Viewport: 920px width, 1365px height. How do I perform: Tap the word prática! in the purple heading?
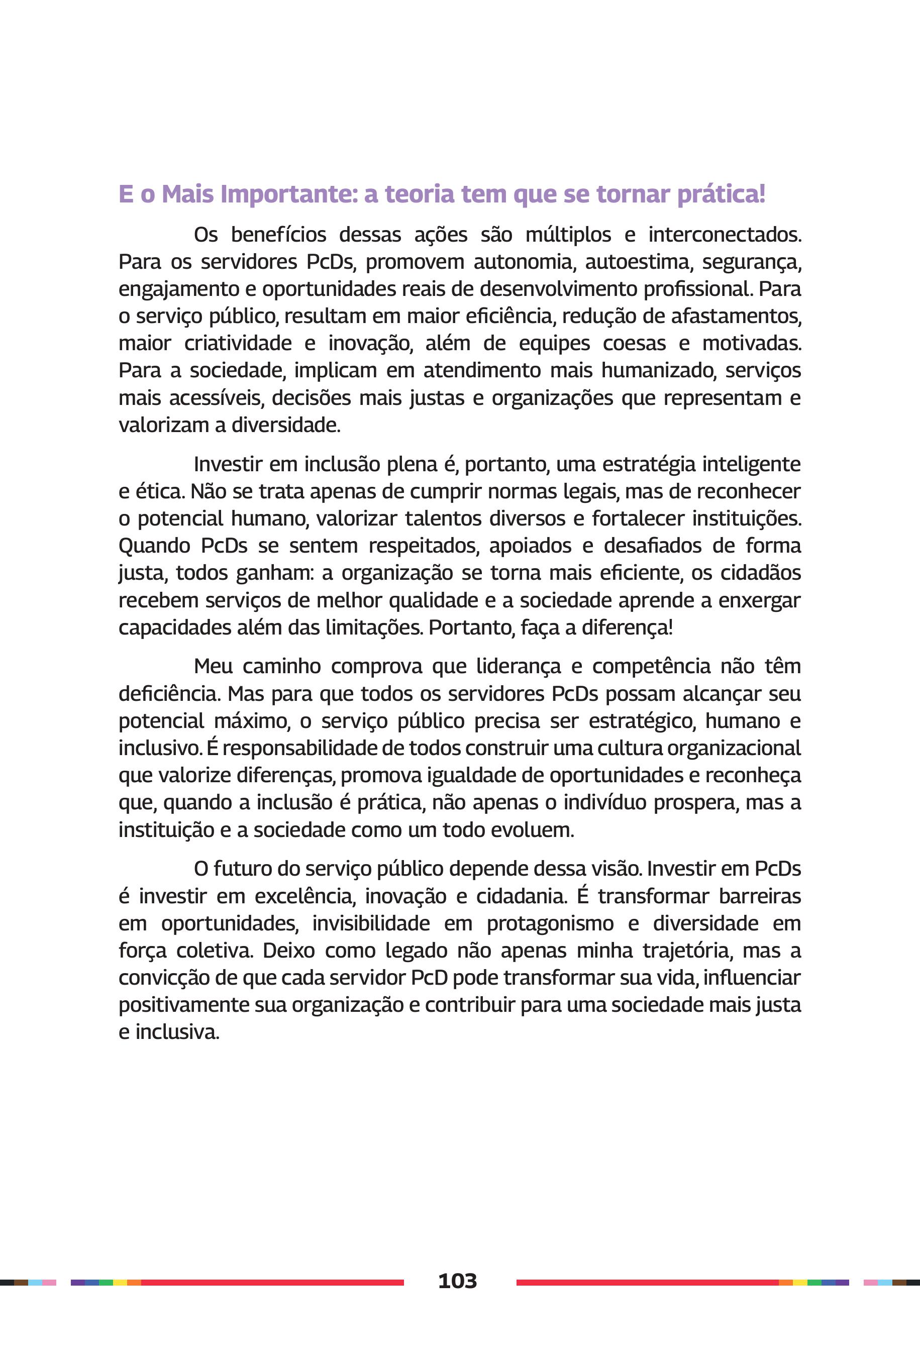(x=721, y=194)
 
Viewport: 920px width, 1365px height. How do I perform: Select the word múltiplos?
(x=568, y=235)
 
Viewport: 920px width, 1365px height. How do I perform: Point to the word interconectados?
(x=724, y=235)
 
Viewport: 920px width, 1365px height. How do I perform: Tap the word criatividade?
(x=238, y=343)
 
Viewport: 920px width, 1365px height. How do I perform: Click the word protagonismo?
(x=550, y=923)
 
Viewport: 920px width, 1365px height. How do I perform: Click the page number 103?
(x=457, y=1281)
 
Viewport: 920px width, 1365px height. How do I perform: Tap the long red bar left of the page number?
(x=272, y=1282)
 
